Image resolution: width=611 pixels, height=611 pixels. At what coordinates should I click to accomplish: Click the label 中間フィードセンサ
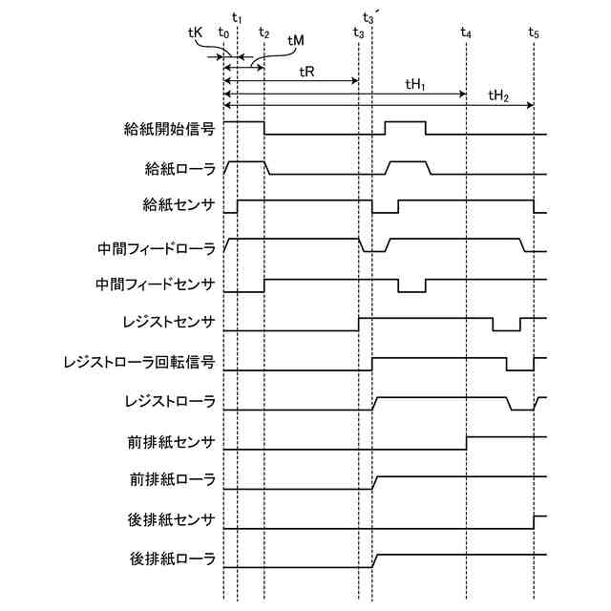[156, 284]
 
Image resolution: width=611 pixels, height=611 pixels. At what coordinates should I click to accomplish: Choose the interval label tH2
[497, 95]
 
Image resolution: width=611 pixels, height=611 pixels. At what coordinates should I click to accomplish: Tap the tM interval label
[296, 41]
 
